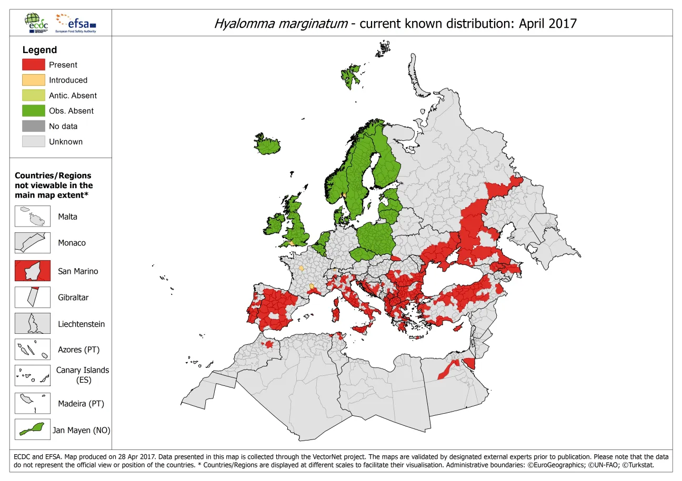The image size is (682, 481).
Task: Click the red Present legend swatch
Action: (33, 65)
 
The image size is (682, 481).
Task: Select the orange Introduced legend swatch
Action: (33, 80)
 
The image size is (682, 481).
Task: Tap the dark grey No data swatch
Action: (33, 126)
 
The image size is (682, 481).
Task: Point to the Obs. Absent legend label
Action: (71, 111)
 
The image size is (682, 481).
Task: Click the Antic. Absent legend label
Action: (73, 96)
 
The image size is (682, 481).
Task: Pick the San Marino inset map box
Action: (33, 271)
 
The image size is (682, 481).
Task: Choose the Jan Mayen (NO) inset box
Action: (33, 429)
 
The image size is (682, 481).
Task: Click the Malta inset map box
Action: (33, 216)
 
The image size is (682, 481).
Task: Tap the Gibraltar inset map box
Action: (33, 297)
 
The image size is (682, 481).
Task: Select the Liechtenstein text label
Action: (81, 324)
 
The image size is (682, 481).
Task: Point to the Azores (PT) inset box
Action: (33, 350)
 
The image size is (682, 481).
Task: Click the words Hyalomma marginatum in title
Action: (281, 24)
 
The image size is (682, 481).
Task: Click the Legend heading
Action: (39, 50)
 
